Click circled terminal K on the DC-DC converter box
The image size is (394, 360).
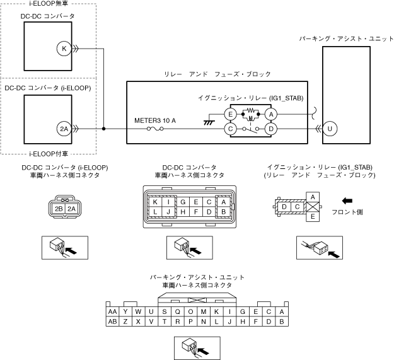coord(64,48)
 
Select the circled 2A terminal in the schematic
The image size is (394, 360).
coord(64,129)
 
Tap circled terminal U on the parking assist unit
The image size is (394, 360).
coord(330,129)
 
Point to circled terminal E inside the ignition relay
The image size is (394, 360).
coord(231,114)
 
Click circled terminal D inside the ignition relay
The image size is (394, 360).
coord(271,129)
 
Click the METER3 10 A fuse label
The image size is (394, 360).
coord(154,120)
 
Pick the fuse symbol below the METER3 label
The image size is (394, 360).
coord(155,130)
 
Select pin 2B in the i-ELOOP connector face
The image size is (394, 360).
coord(59,209)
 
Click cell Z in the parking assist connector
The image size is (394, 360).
coord(125,322)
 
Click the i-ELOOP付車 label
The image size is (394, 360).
coord(48,153)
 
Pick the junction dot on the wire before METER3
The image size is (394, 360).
coord(104,129)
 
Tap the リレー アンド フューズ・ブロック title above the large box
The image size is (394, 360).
coord(216,74)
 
